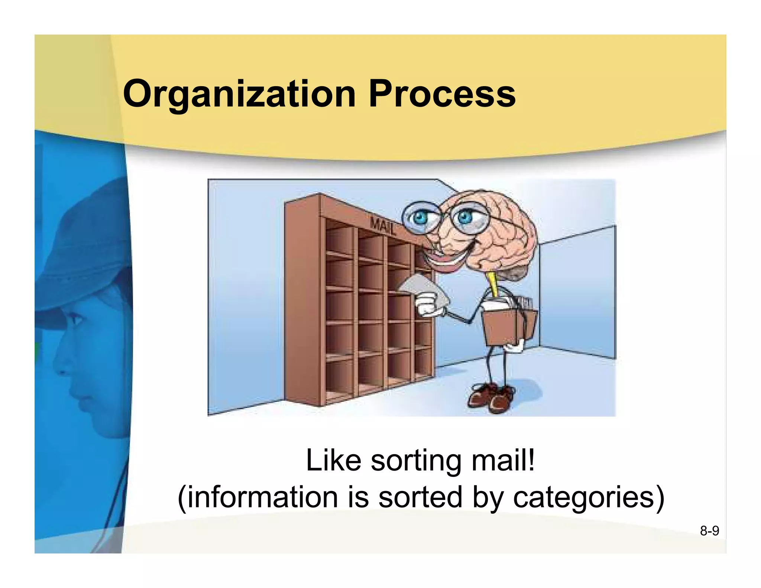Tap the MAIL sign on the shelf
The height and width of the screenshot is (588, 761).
pos(383,226)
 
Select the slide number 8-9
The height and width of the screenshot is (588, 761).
pos(709,531)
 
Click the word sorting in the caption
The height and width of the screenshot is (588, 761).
pos(416,461)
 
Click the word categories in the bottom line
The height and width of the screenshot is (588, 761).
pos(583,497)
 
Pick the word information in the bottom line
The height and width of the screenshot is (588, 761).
pos(262,497)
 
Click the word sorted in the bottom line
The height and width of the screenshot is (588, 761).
pos(420,497)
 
